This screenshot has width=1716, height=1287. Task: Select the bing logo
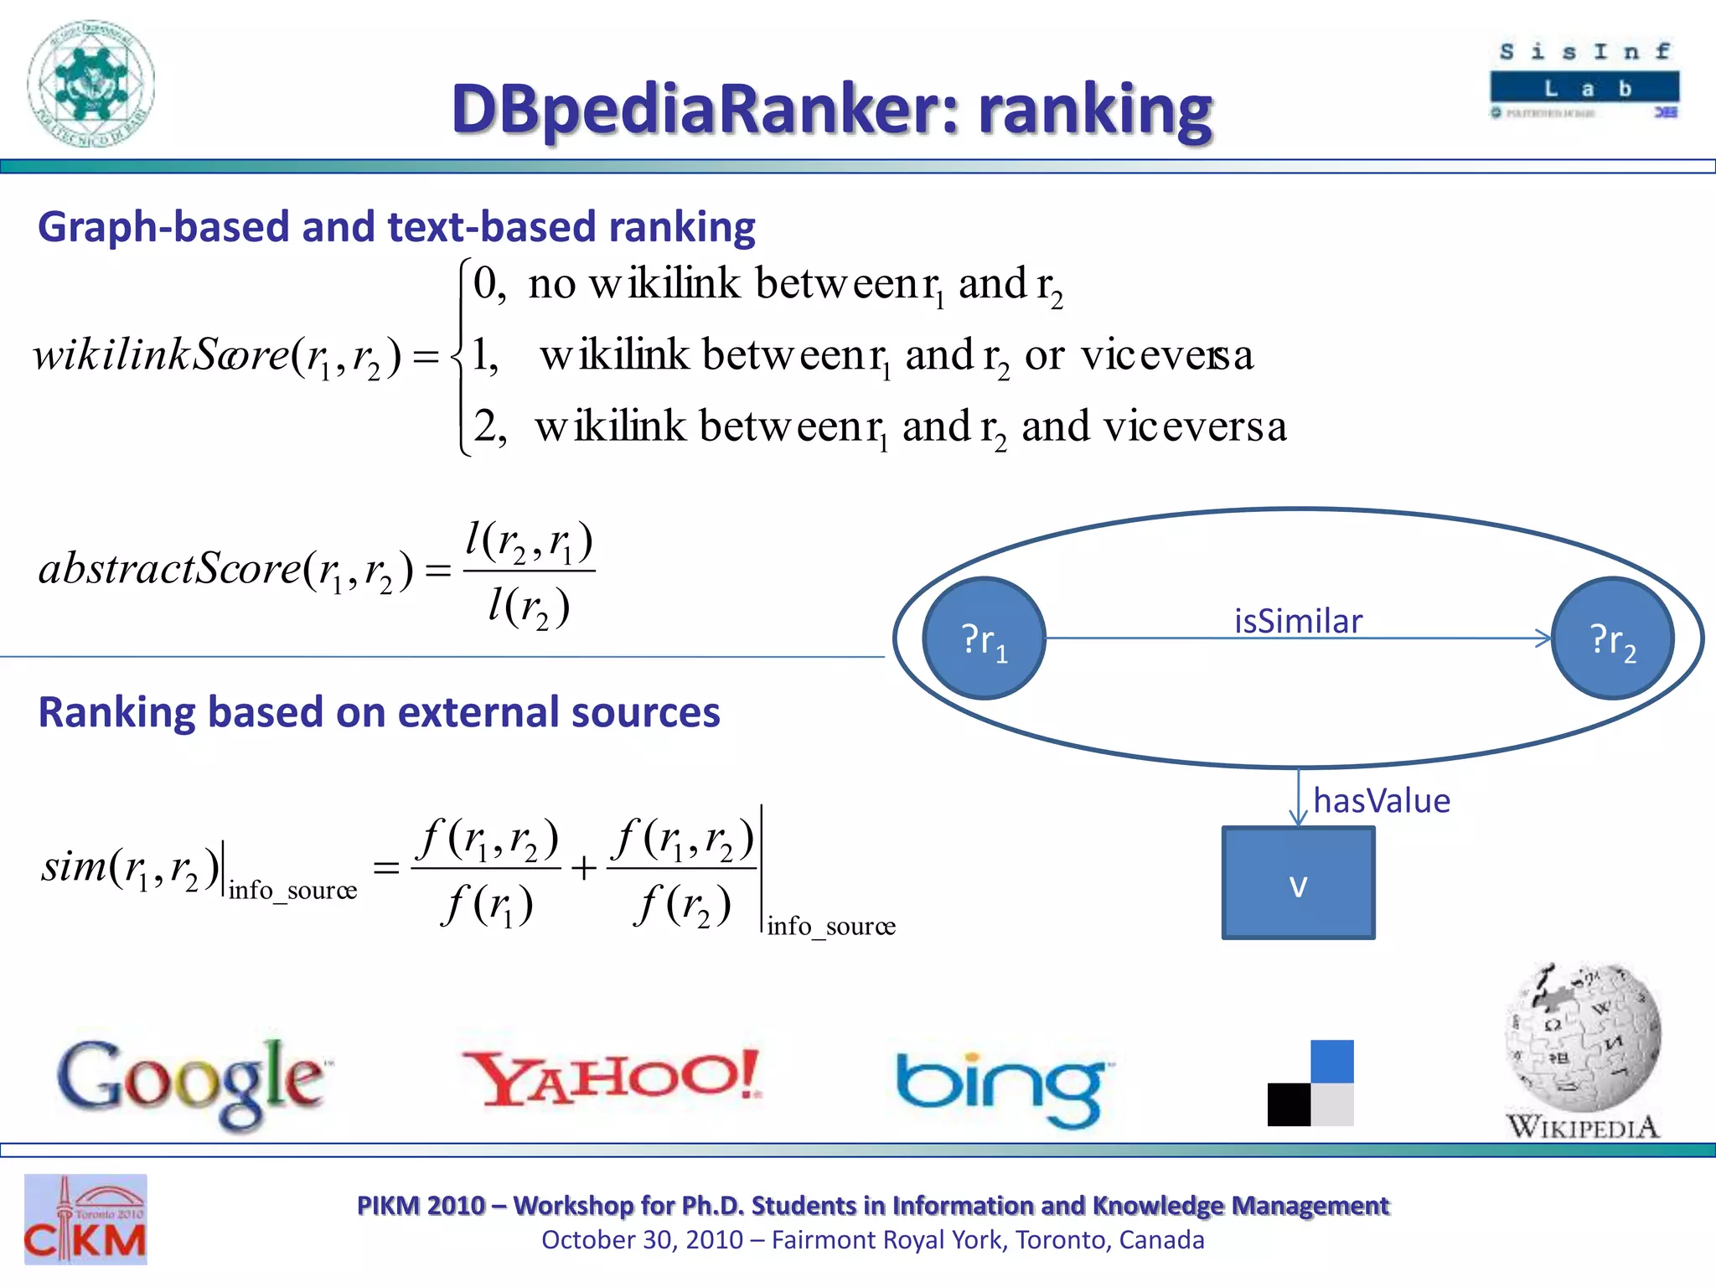coord(1001,1088)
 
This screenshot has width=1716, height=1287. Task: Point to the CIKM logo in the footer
coord(85,1220)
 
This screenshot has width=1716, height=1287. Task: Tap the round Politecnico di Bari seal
coord(90,84)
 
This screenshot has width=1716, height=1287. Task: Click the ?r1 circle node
coord(984,638)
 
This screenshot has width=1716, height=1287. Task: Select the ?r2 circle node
coord(1612,638)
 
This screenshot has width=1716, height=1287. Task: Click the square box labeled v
coord(1298,883)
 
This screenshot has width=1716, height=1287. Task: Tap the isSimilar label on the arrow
coord(1298,621)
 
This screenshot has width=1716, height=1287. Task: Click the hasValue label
coord(1381,800)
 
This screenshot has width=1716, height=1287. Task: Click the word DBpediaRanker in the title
coord(704,109)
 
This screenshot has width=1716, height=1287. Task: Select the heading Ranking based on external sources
coord(379,712)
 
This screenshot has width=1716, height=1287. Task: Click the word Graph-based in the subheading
coord(163,227)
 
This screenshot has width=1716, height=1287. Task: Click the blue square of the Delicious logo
coord(1332,1061)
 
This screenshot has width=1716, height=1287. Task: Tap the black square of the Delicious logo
coord(1289,1104)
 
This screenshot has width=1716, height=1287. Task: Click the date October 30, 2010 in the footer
coord(642,1239)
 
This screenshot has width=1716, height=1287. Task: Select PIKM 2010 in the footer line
coord(421,1205)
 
